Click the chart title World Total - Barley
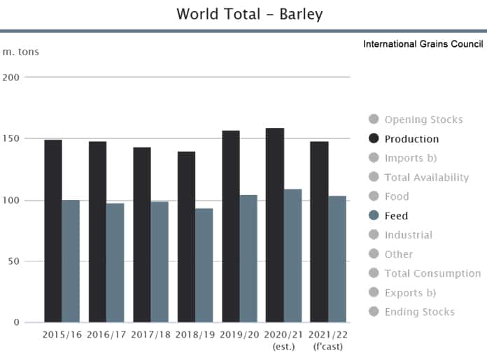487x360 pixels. (250, 14)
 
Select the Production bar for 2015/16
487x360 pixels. (53, 231)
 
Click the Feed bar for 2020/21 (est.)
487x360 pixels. (292, 255)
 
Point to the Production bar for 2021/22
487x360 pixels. (320, 231)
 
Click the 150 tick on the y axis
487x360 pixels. (11, 138)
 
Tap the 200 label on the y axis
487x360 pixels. (11, 77)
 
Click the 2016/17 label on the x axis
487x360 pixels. (106, 335)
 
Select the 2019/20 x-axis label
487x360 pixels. (239, 335)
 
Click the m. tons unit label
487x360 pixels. (20, 51)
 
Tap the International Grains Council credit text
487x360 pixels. (423, 44)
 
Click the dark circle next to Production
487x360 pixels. (374, 138)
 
